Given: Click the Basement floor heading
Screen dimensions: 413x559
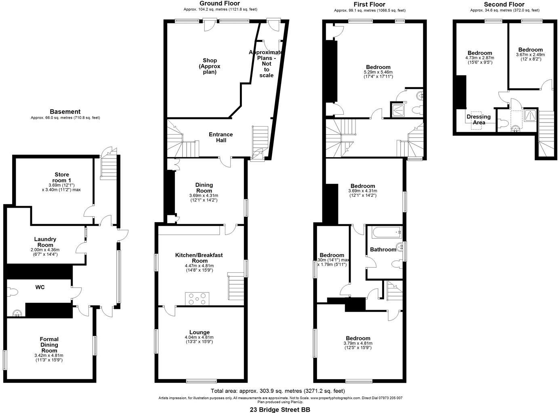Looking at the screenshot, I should [x=65, y=112].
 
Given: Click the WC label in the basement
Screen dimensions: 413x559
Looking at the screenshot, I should [x=40, y=288].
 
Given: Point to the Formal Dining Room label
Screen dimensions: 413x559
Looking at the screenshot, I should [x=49, y=345].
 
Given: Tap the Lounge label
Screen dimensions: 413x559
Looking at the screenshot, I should [x=200, y=332].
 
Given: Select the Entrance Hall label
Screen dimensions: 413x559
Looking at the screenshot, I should [x=221, y=137].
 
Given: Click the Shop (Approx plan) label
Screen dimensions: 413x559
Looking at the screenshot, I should [x=210, y=66].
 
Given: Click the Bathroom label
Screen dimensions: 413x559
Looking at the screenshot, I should [x=383, y=250].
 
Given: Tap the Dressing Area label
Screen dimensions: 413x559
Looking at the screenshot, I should [x=479, y=119].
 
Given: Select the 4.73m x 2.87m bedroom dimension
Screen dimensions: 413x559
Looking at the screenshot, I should [x=479, y=58].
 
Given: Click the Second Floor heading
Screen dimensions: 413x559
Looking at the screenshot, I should [x=504, y=4].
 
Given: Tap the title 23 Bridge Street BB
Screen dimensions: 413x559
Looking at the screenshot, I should [x=279, y=409].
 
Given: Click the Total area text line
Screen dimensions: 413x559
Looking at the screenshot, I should [x=278, y=391].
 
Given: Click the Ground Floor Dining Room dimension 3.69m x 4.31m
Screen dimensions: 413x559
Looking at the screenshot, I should [x=204, y=196].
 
